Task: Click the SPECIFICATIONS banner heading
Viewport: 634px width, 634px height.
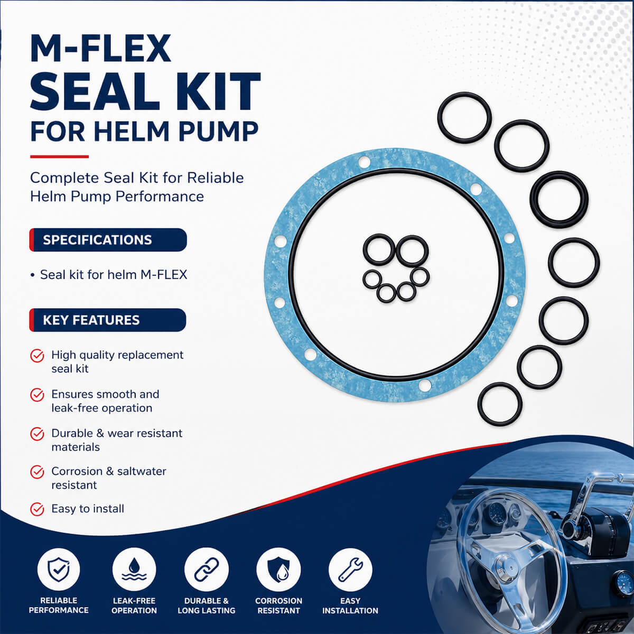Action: tap(97, 240)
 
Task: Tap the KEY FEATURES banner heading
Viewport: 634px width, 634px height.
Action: tap(91, 320)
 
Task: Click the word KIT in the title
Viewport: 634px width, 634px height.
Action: tap(218, 92)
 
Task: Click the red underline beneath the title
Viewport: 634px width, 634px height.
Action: tap(59, 156)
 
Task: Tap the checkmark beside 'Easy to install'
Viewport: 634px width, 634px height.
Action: tap(37, 509)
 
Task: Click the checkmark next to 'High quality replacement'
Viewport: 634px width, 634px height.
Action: tap(37, 356)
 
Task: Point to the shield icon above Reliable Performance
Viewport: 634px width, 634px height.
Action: tap(59, 570)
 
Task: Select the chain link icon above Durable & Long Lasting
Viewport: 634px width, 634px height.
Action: tap(206, 570)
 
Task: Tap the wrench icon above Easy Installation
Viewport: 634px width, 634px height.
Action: tap(350, 570)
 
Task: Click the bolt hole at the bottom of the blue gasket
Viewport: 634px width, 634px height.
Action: tap(424, 385)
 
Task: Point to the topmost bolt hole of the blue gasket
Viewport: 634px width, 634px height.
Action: tap(364, 162)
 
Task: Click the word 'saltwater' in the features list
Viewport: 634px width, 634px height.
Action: tap(142, 471)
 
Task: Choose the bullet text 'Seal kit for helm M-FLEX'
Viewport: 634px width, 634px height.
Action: tap(114, 275)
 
